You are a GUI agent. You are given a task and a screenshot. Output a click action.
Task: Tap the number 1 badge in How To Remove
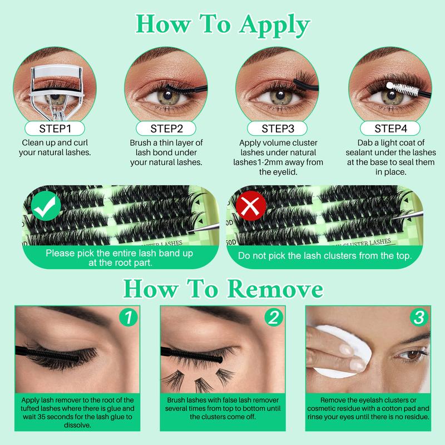pos(127,318)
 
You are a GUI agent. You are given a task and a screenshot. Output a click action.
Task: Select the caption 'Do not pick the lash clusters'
pos(325,257)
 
